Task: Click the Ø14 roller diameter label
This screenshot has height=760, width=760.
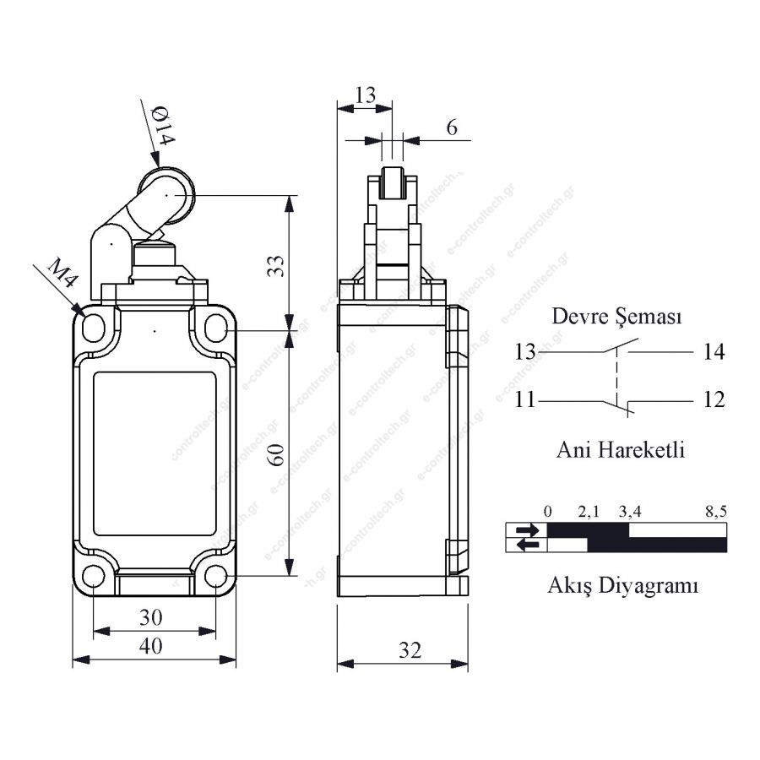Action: (x=163, y=126)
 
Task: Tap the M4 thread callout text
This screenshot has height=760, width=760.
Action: (x=62, y=273)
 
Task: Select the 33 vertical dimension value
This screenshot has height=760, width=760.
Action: (x=276, y=266)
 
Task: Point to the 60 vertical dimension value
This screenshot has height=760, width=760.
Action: (x=276, y=454)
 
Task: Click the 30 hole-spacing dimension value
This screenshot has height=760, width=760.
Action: (x=151, y=617)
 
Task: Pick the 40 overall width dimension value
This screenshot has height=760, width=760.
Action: (x=151, y=646)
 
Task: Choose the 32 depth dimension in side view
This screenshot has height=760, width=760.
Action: (x=410, y=650)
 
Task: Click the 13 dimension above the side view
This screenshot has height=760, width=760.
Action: (x=365, y=95)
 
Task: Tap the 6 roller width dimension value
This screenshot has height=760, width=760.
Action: (x=452, y=128)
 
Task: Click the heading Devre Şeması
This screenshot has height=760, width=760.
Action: (x=616, y=317)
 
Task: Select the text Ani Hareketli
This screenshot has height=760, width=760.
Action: (x=621, y=450)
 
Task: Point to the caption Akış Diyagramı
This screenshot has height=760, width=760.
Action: (x=623, y=585)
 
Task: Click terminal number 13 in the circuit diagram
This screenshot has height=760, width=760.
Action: (x=525, y=352)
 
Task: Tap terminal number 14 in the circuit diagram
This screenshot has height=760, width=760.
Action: (x=714, y=352)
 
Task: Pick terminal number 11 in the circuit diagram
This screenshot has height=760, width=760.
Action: (x=525, y=400)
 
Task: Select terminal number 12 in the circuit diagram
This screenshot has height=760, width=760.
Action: (x=714, y=400)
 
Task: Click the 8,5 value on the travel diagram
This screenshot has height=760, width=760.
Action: (x=716, y=512)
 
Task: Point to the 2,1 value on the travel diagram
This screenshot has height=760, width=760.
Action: (x=589, y=512)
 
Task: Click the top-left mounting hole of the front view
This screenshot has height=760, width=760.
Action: (x=94, y=328)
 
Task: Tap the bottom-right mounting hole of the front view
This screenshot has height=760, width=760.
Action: (x=215, y=576)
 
